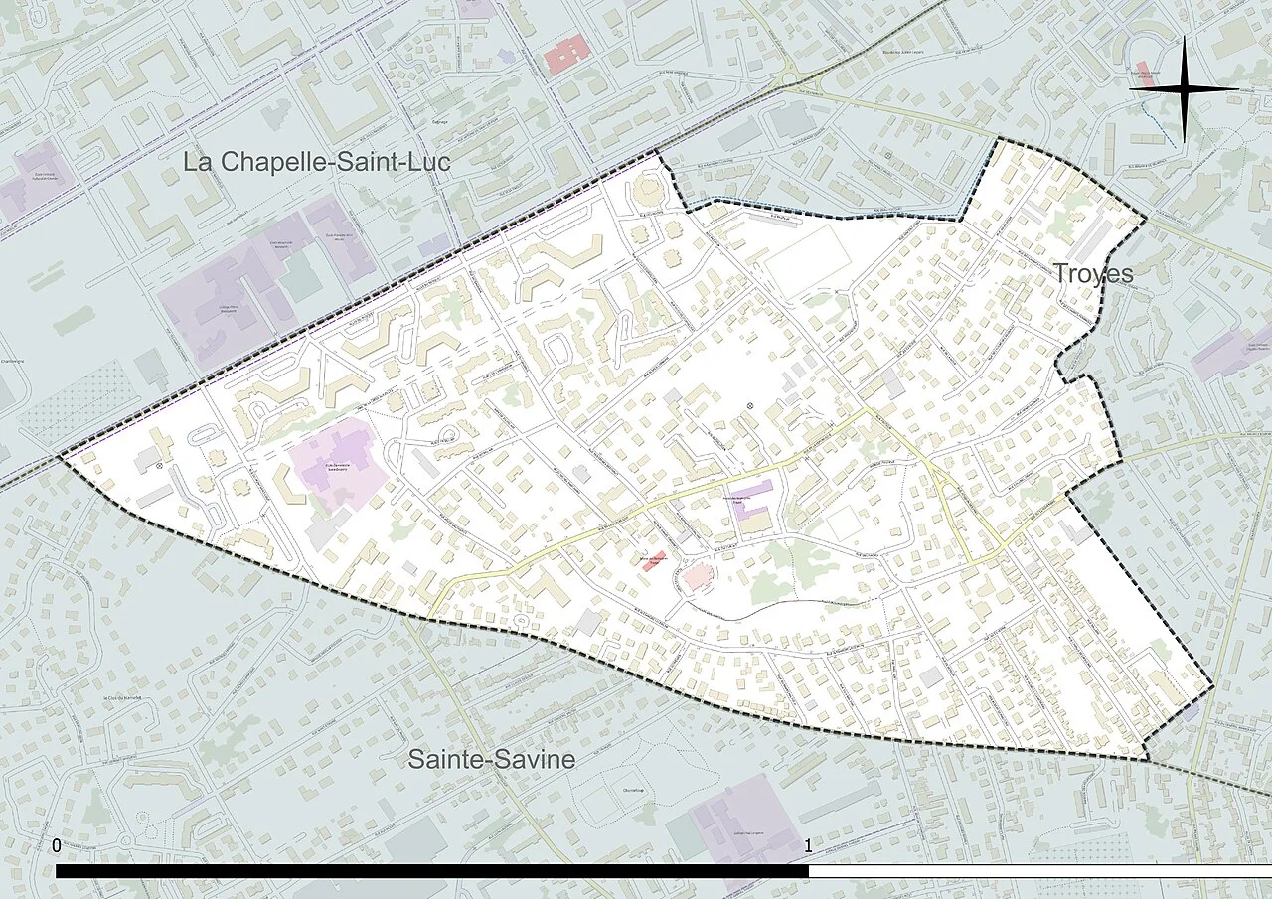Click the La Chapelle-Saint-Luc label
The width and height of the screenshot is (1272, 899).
[x=316, y=162]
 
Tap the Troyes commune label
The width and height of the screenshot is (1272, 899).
[x=1092, y=273]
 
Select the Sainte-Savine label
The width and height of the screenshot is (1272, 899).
[x=492, y=760]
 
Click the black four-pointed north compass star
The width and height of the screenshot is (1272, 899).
[x=1185, y=88]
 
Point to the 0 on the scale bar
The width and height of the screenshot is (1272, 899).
[x=56, y=846]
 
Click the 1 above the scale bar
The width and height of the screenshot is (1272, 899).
[x=808, y=846]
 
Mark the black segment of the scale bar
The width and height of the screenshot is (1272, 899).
[x=432, y=871]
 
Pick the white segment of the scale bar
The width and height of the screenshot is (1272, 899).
[x=1038, y=871]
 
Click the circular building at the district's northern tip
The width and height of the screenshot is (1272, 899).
[x=650, y=188]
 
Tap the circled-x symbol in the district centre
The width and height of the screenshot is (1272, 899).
[x=750, y=405]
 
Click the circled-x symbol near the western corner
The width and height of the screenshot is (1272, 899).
[x=159, y=465]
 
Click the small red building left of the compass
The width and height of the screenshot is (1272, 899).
[x=1146, y=77]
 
